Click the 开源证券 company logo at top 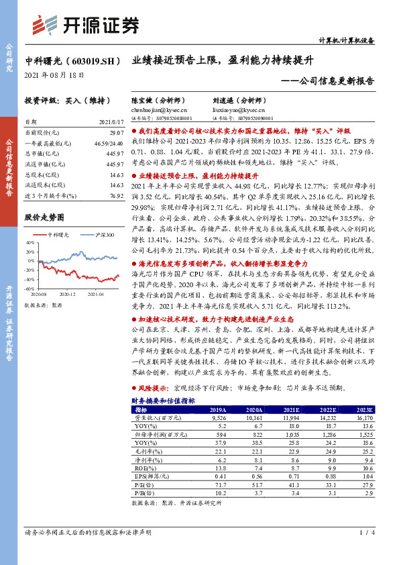(84, 25)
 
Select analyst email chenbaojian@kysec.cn (159, 109)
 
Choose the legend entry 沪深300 (105, 235)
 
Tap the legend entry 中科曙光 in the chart (63, 235)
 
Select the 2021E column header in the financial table (291, 409)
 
